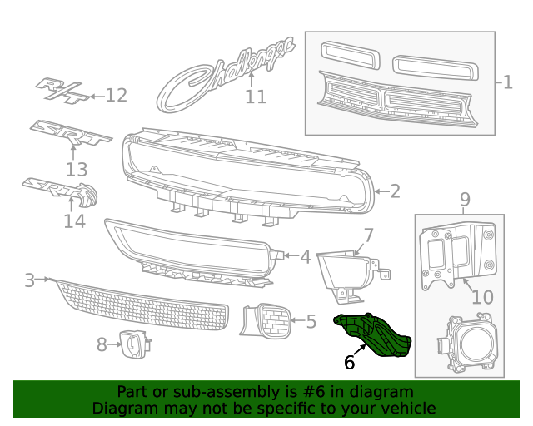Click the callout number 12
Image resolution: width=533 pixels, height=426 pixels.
(x=116, y=96)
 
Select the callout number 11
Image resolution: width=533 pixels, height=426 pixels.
(x=256, y=97)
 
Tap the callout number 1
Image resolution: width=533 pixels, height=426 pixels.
(x=508, y=82)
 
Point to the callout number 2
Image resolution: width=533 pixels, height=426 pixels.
(x=394, y=191)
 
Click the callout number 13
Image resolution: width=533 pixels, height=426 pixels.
(x=76, y=170)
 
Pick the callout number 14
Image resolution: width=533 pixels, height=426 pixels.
(x=74, y=221)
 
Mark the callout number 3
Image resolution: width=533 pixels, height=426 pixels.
(x=29, y=280)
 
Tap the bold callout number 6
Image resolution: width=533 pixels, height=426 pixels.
(x=349, y=363)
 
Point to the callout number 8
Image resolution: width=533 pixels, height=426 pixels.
(x=102, y=344)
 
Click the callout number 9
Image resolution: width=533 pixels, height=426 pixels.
(x=465, y=200)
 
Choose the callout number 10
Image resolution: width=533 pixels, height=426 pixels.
(x=482, y=297)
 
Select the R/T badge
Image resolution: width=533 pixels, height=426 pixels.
(x=62, y=91)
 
